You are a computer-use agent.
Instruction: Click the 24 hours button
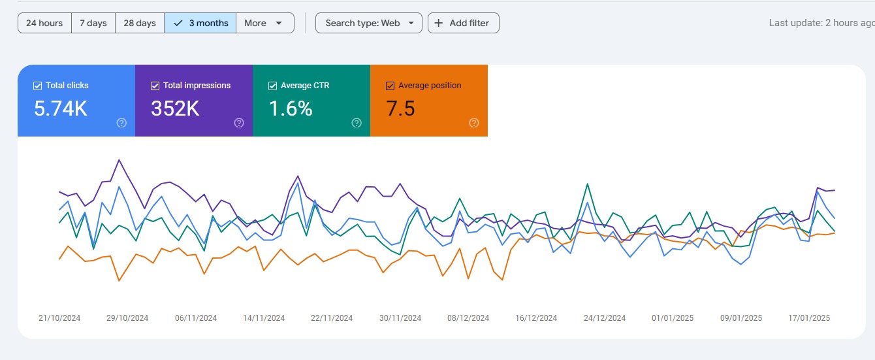44,23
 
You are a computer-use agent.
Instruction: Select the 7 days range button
93,23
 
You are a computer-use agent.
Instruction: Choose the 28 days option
140,23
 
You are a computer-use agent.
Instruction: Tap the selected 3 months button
200,23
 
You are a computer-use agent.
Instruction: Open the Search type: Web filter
369,23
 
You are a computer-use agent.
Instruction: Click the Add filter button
463,23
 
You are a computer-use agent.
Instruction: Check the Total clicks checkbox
37,86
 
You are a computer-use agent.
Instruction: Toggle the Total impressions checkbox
155,86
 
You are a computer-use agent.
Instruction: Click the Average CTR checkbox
273,86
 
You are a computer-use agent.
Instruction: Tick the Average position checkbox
390,86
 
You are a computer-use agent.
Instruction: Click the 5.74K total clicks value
61,108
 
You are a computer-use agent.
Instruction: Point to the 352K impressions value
175,108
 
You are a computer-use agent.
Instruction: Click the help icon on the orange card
474,123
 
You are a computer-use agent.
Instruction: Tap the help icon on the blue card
121,123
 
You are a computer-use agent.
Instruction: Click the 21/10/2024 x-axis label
59,318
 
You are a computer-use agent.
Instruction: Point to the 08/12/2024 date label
468,318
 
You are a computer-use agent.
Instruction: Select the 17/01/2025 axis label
809,318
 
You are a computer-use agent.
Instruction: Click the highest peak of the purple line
119,160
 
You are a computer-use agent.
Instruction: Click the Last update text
822,23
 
